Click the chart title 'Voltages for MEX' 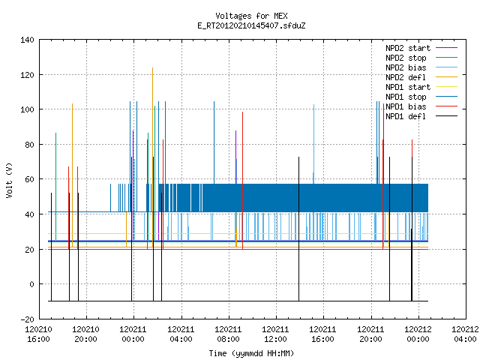click(x=251, y=16)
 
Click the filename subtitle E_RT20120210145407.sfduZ click(x=251, y=25)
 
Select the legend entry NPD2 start click(x=408, y=48)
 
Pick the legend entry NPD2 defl click(x=406, y=77)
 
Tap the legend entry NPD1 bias click(x=406, y=106)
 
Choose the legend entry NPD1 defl click(x=406, y=116)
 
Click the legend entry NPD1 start click(x=408, y=87)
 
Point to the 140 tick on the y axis click(x=27, y=40)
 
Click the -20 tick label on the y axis click(x=27, y=319)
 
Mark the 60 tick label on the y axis click(x=30, y=179)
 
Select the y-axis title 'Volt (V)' click(x=9, y=180)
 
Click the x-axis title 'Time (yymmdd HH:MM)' click(x=251, y=353)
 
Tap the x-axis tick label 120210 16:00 click(x=38, y=334)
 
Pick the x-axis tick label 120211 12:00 click(x=276, y=334)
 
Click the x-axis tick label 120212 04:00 click(x=465, y=334)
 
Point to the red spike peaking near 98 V click(x=242, y=181)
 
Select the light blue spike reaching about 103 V click(x=313, y=144)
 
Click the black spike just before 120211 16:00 click(x=298, y=229)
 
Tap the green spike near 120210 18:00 click(x=55, y=187)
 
